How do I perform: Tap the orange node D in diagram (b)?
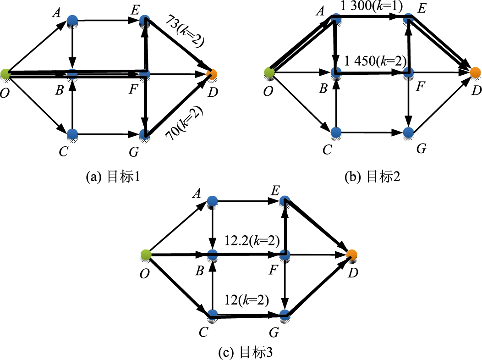(475, 72)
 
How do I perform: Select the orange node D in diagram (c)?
(351, 255)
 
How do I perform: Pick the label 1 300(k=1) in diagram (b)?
(371, 7)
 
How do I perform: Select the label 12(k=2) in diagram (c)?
(247, 301)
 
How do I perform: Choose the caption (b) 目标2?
(372, 177)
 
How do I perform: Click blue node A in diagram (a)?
(72, 20)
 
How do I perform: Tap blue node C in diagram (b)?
(336, 133)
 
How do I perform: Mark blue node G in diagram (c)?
(285, 315)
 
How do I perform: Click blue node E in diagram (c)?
(285, 201)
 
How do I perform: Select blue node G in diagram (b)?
(408, 133)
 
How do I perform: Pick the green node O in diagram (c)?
(146, 255)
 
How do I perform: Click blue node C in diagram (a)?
(72, 134)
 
